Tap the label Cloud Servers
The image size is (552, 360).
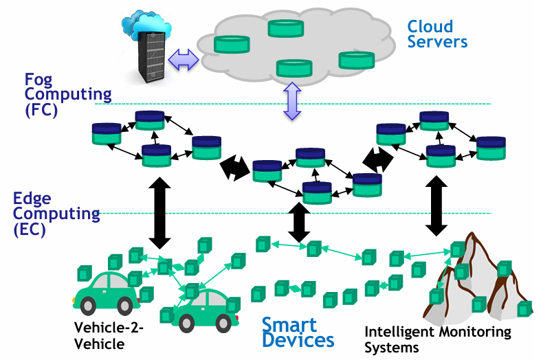click(437, 34)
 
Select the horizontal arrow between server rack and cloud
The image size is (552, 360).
click(183, 59)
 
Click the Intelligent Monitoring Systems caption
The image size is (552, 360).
click(438, 339)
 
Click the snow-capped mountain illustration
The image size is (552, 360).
click(478, 275)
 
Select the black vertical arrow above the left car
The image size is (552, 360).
click(160, 211)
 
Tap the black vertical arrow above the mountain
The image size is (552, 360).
click(434, 204)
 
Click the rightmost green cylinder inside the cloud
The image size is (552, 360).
click(356, 60)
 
